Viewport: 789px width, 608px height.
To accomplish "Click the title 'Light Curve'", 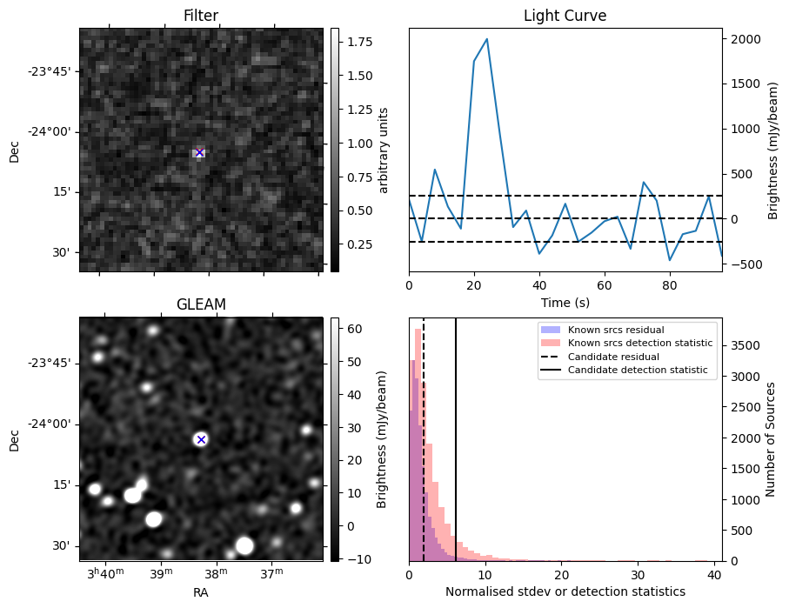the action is coord(565,16).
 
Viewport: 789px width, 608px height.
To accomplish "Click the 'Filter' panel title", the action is coord(201,16).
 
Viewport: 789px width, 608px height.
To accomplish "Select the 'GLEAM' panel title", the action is coord(201,304).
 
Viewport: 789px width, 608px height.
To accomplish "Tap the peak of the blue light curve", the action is coord(486,39).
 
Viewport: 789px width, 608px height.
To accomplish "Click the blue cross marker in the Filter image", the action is coord(200,152).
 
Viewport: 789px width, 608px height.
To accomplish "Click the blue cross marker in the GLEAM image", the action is coord(201,439).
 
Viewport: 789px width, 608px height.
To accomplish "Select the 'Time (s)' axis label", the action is coord(565,303).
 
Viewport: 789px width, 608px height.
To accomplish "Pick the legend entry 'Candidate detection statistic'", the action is coord(638,370).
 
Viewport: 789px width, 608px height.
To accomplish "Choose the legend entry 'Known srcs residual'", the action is coord(616,330).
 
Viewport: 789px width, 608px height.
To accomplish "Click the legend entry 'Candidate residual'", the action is coord(613,357).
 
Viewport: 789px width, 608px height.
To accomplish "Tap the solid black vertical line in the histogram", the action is coord(456,439).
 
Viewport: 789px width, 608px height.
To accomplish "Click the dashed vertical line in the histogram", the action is coord(424,439).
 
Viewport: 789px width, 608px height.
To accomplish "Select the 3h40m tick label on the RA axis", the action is coord(105,572).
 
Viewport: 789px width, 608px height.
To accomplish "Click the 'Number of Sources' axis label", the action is coord(771,439).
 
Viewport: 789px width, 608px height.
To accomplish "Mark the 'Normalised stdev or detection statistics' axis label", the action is coord(565,591).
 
